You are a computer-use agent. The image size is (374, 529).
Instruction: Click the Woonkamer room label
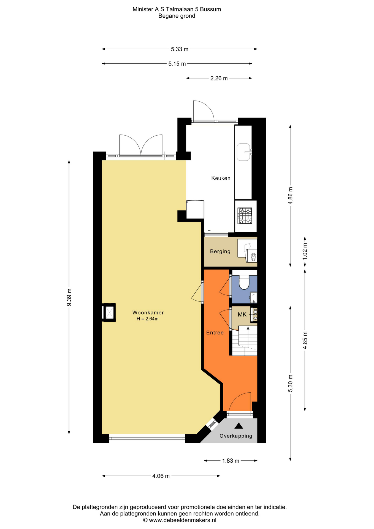(148, 313)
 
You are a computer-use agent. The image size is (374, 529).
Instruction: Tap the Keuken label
(221, 178)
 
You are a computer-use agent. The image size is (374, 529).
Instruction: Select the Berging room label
(220, 251)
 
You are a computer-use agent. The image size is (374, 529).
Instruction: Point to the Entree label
(215, 333)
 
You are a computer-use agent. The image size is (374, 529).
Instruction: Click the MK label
(242, 314)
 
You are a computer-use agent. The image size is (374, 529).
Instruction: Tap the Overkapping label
(236, 436)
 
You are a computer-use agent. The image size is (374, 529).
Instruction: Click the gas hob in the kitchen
(245, 215)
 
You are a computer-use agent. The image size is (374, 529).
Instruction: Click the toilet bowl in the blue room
(244, 282)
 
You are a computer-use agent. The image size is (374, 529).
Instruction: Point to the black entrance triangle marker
(239, 426)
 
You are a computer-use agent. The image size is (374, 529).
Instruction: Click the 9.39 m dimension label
(69, 297)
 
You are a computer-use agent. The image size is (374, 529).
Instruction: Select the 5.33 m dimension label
(180, 49)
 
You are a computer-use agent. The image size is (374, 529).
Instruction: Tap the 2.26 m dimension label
(219, 78)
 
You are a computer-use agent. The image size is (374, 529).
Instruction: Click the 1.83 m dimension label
(231, 461)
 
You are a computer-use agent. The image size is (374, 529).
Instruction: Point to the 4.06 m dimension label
(161, 476)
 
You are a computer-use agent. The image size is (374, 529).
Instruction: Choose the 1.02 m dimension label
(305, 251)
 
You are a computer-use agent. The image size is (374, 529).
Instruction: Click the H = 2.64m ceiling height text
(147, 319)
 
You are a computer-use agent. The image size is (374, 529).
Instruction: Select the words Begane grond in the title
(177, 16)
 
